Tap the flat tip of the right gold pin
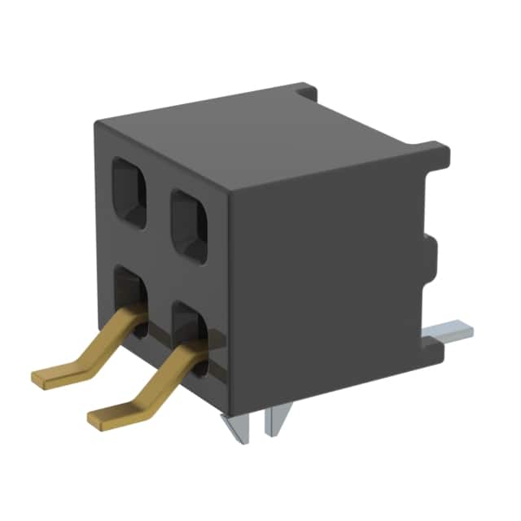[107, 417]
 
